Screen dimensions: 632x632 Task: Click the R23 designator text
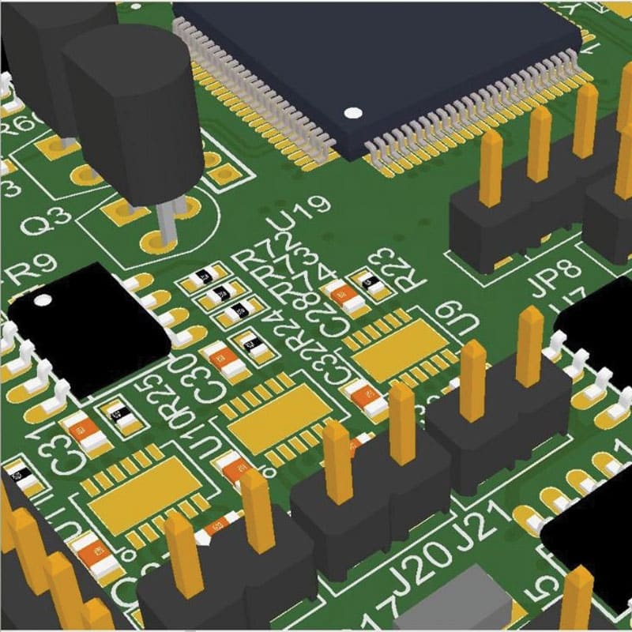400,269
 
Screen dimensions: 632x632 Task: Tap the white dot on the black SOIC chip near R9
43,299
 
